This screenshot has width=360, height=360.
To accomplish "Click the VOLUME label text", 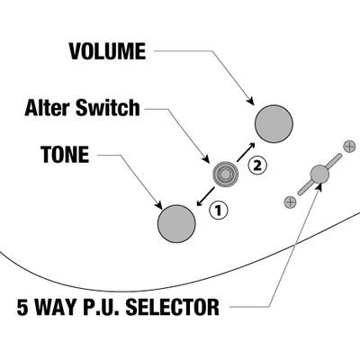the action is click(x=107, y=51).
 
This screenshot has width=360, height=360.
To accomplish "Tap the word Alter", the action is click(x=47, y=108).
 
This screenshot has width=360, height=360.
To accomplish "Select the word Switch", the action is click(x=108, y=108).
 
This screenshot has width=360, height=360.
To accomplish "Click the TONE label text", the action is click(x=66, y=155).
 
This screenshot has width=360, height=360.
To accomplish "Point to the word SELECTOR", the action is click(x=172, y=307).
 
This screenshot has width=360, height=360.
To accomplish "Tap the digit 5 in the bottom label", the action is click(x=22, y=307).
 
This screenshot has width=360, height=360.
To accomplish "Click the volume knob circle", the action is click(x=274, y=123).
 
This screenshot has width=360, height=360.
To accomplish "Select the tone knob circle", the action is click(x=176, y=224).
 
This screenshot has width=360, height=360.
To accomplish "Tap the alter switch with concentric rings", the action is click(x=226, y=174).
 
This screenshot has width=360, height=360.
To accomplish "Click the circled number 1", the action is click(x=219, y=211).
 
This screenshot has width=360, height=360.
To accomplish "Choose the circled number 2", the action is click(x=257, y=166).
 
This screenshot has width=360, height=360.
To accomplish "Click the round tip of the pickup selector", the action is click(x=319, y=174).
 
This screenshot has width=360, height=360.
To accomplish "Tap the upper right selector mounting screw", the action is click(x=349, y=147).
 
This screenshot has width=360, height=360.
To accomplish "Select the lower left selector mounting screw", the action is click(x=290, y=202).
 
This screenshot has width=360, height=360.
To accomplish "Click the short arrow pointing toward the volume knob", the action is click(x=246, y=151).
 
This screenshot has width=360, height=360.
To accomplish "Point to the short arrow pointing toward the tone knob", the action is click(x=205, y=197).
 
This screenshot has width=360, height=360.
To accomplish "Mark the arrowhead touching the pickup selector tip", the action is click(x=319, y=186).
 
